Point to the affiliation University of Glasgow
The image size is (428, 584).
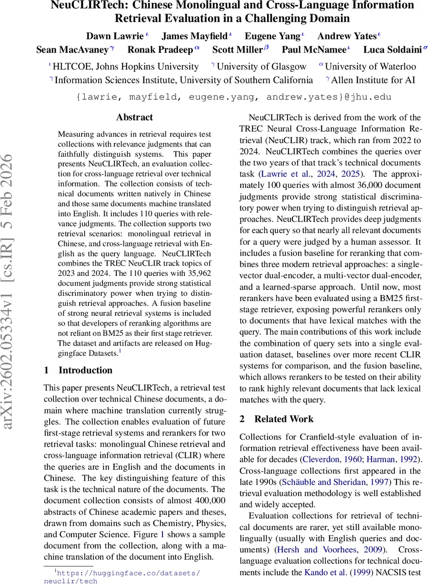[261, 67]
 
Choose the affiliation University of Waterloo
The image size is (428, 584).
[370, 67]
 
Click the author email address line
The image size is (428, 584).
[233, 97]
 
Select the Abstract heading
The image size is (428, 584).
[134, 117]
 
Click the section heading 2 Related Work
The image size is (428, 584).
[277, 419]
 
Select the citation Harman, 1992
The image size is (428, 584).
[392, 459]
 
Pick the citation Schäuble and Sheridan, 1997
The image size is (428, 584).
[332, 482]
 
